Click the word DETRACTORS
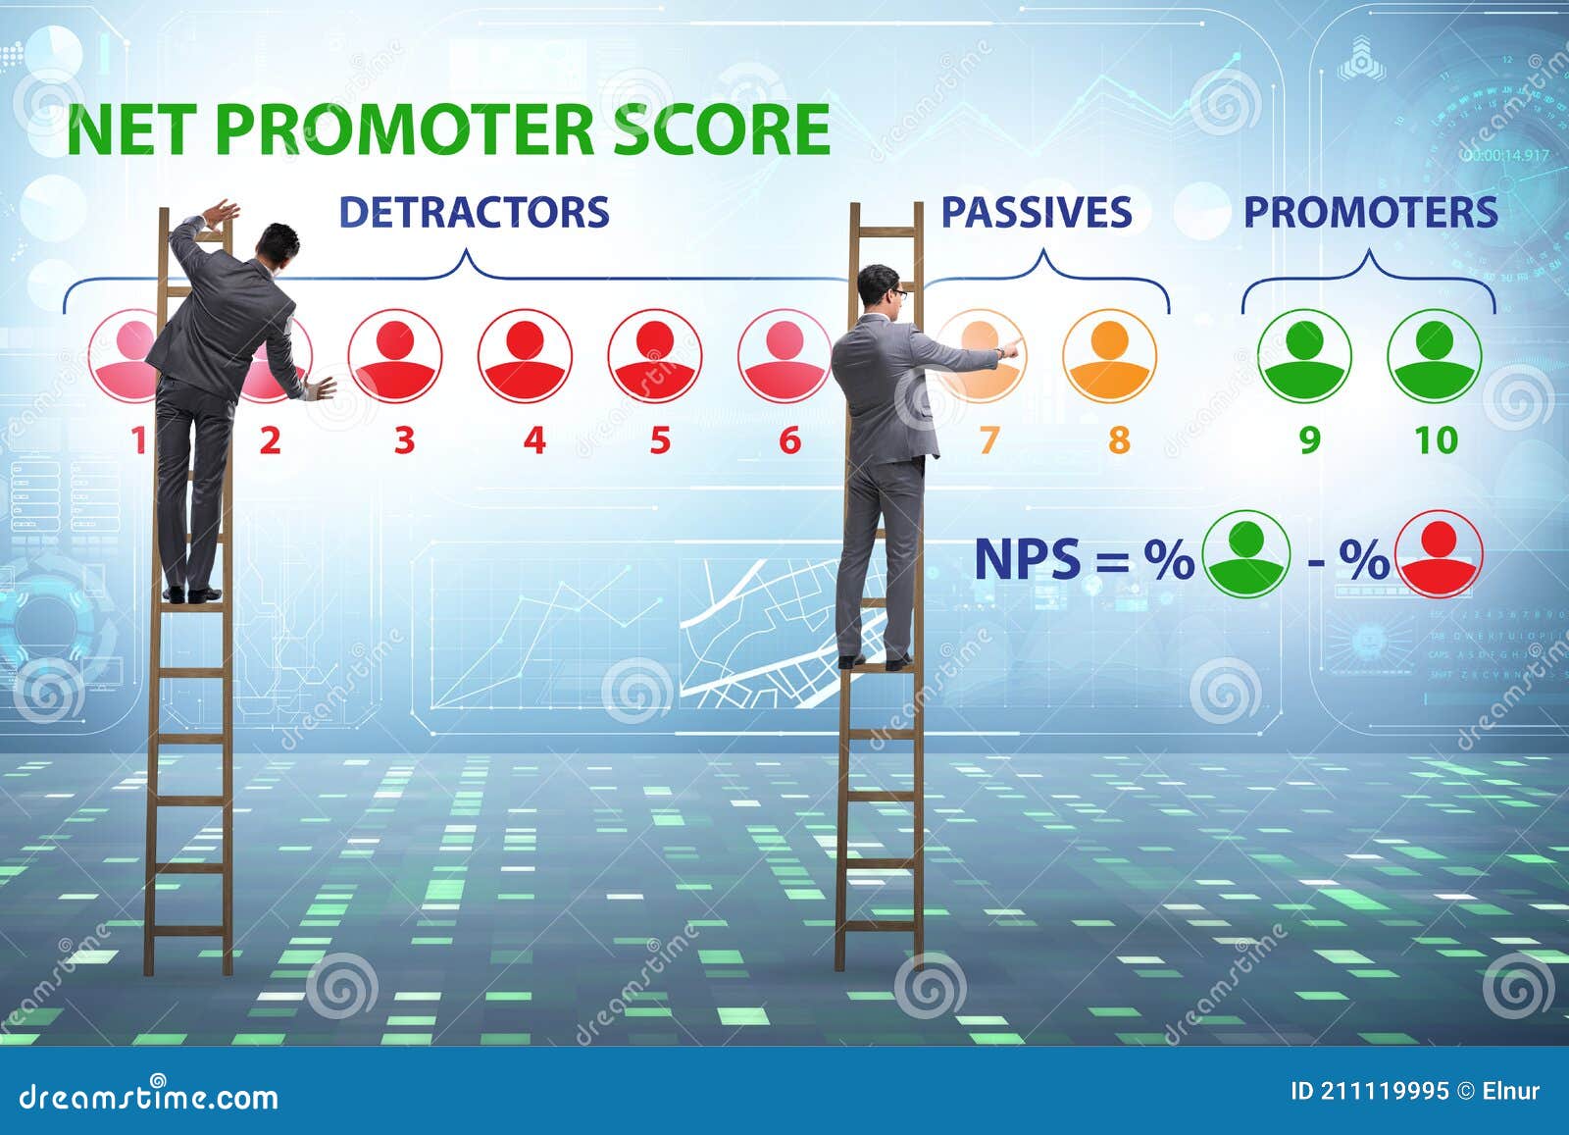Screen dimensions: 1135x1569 pyautogui.click(x=474, y=213)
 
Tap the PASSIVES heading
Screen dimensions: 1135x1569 pyautogui.click(x=1037, y=213)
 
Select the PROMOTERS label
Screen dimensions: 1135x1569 pyautogui.click(x=1370, y=213)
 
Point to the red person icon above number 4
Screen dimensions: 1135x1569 pyautogui.click(x=525, y=355)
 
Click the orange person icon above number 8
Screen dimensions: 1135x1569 pyautogui.click(x=1109, y=355)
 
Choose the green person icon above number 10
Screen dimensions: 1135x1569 pyautogui.click(x=1434, y=355)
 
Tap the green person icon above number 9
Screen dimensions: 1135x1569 pyautogui.click(x=1304, y=355)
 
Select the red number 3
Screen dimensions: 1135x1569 pyautogui.click(x=403, y=440)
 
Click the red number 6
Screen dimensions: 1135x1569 pyautogui.click(x=789, y=440)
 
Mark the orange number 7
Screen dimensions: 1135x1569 pyautogui.click(x=987, y=440)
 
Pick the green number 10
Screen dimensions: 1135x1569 pyautogui.click(x=1436, y=440)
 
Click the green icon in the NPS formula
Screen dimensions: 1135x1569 pyautogui.click(x=1246, y=555)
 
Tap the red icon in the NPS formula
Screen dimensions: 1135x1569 pyautogui.click(x=1439, y=555)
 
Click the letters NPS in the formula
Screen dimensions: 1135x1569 pyautogui.click(x=1027, y=559)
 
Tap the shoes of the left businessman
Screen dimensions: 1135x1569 pyautogui.click(x=192, y=593)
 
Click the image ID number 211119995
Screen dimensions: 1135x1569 pyautogui.click(x=1385, y=1091)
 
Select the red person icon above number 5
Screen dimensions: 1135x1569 pyautogui.click(x=654, y=355)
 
